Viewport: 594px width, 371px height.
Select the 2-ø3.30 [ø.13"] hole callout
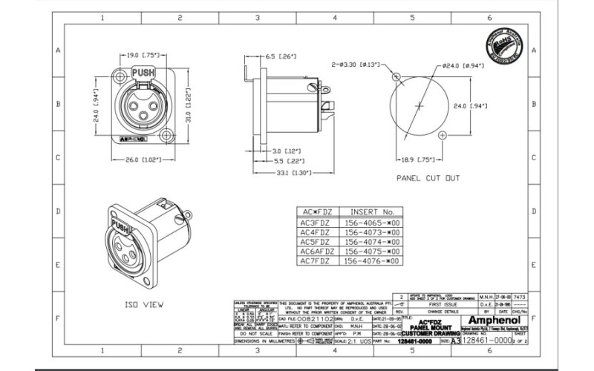click(x=359, y=65)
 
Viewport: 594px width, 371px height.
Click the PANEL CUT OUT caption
click(x=428, y=178)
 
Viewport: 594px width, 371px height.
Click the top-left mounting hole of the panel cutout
click(x=396, y=76)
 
